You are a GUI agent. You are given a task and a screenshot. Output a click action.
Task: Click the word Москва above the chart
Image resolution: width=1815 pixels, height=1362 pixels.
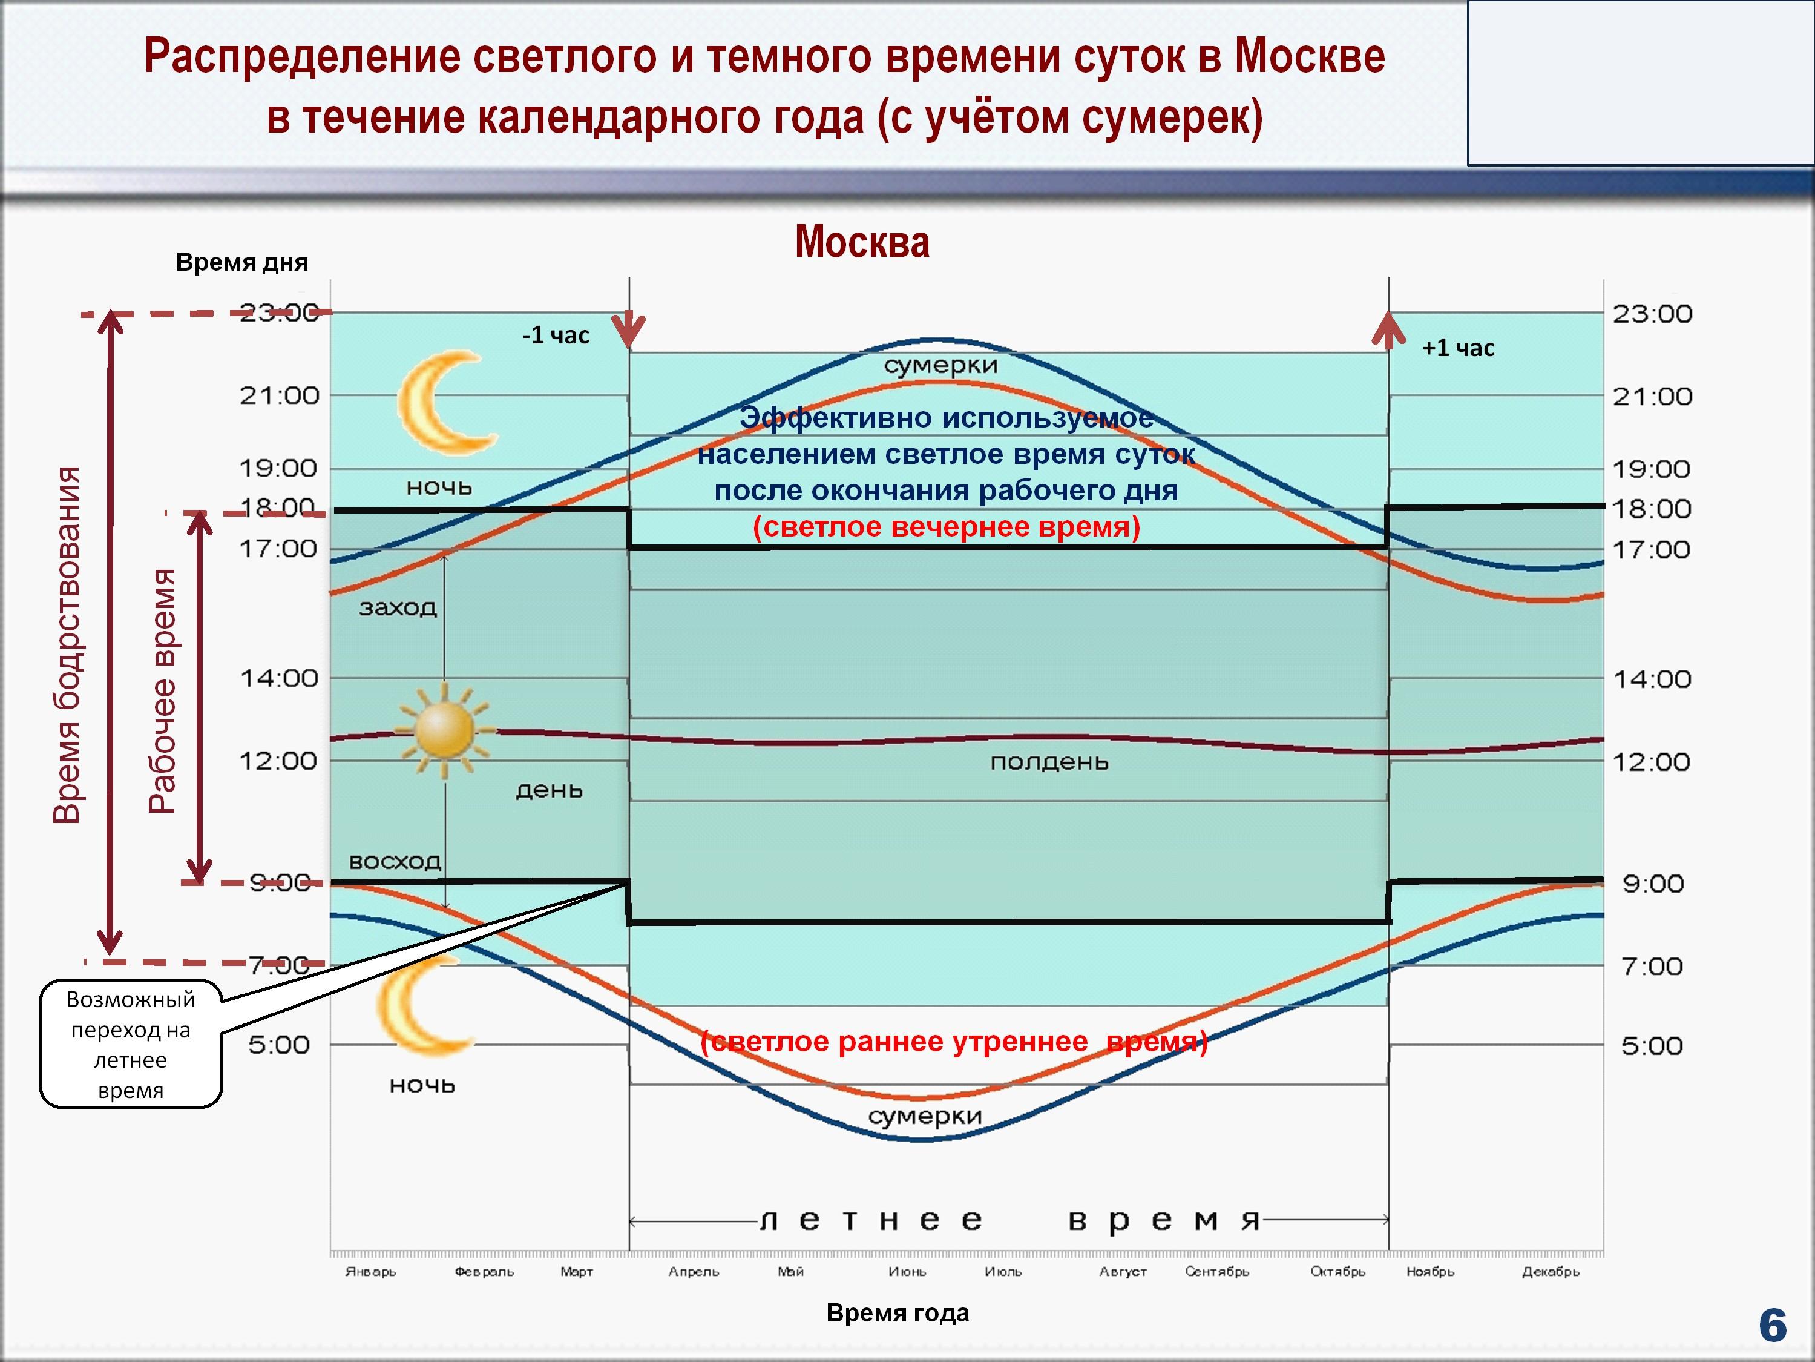862,242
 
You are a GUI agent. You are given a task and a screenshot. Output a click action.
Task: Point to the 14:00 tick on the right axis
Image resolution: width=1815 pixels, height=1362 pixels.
1652,679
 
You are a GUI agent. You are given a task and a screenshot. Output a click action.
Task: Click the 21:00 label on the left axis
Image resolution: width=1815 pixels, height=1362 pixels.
279,395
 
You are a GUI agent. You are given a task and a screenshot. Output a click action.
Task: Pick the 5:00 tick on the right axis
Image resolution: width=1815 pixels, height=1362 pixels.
1652,1045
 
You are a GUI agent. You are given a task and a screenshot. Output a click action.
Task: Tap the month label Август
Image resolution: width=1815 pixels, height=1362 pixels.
1123,1271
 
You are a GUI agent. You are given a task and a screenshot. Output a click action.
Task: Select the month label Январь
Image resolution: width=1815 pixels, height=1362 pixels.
370,1271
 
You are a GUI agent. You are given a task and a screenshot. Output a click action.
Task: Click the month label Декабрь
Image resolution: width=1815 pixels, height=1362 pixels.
1550,1271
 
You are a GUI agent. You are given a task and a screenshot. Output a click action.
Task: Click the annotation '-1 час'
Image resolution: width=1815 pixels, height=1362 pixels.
556,335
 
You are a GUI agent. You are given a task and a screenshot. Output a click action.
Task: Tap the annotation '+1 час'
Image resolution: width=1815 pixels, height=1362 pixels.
1458,348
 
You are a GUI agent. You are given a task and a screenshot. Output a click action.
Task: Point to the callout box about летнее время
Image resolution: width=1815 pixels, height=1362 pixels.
131,1044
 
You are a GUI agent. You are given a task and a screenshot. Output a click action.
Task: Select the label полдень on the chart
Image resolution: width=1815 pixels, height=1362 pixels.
1049,762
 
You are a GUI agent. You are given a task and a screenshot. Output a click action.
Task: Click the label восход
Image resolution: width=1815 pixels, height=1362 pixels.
395,861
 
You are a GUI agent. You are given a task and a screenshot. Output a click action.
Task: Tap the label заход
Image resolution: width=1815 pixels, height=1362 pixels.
398,607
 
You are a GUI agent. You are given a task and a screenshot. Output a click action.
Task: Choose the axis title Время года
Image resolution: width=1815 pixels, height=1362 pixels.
898,1313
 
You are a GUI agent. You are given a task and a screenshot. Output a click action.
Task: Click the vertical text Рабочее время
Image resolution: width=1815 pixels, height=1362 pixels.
162,690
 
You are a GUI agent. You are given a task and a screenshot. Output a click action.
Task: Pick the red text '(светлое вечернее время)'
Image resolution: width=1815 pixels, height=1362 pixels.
946,526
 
